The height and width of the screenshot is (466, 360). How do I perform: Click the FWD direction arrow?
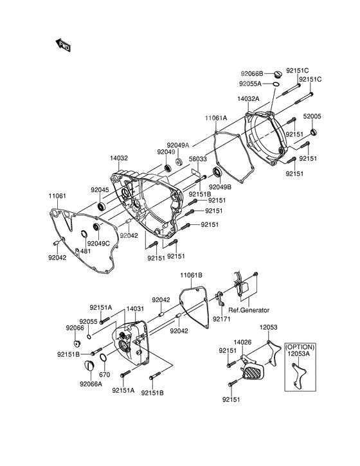[63, 45]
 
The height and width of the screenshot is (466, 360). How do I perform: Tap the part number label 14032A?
[248, 99]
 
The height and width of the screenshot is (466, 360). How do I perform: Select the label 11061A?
[216, 118]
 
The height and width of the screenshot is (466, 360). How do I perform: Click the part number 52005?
[312, 116]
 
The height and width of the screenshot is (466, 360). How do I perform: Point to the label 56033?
[198, 159]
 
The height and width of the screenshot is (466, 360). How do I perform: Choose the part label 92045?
[100, 190]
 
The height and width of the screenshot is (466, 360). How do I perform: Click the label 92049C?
[98, 244]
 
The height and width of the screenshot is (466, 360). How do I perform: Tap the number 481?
[85, 251]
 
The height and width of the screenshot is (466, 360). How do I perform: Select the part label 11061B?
[191, 275]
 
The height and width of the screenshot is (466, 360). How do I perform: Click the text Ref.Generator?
[249, 310]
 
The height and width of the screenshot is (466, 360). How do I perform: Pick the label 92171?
[222, 319]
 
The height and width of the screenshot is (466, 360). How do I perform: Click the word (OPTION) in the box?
[300, 347]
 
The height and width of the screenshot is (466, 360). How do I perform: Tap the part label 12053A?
[298, 354]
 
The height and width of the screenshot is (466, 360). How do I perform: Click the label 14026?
[242, 343]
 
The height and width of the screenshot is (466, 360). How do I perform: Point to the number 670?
[105, 375]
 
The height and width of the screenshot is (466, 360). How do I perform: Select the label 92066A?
[91, 384]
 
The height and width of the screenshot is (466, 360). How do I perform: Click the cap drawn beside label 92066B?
[277, 73]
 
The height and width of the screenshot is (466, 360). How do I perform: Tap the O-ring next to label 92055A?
[276, 84]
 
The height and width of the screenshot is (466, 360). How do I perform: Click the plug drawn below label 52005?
[314, 132]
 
